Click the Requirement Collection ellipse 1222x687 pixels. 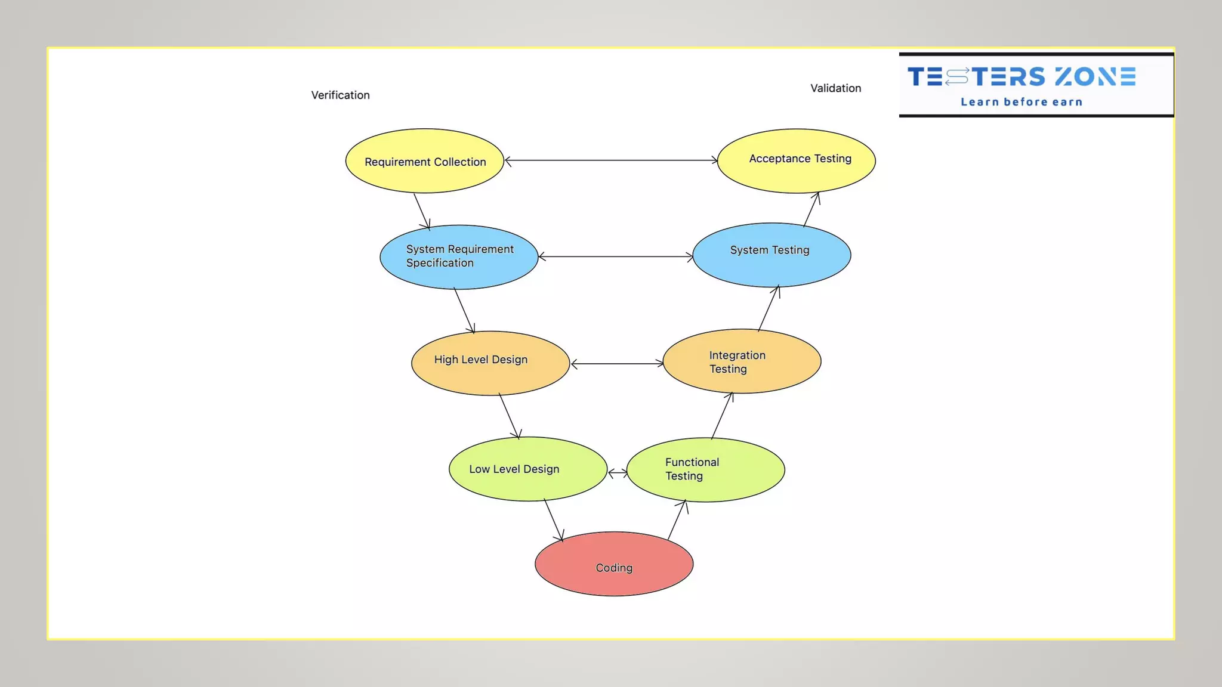[x=425, y=161]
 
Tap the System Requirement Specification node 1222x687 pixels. [x=459, y=257]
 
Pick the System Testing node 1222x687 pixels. [x=772, y=255]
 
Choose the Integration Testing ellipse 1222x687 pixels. [x=742, y=361]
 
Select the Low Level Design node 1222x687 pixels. [x=528, y=469]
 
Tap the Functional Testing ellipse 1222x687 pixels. [x=706, y=470]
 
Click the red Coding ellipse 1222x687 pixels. [x=614, y=564]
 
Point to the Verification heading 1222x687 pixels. [x=340, y=95]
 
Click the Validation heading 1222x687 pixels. [x=835, y=88]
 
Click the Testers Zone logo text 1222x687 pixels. [x=1022, y=77]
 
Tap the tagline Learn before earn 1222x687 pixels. [x=1022, y=102]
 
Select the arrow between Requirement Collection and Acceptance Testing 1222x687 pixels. [x=611, y=160]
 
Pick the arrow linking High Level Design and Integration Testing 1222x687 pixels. [x=617, y=363]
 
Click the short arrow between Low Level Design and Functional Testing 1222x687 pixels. [x=618, y=473]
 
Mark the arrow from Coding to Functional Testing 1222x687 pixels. [x=677, y=520]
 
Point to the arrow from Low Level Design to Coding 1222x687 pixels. [x=554, y=521]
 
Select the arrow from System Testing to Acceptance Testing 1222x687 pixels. [x=811, y=209]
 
